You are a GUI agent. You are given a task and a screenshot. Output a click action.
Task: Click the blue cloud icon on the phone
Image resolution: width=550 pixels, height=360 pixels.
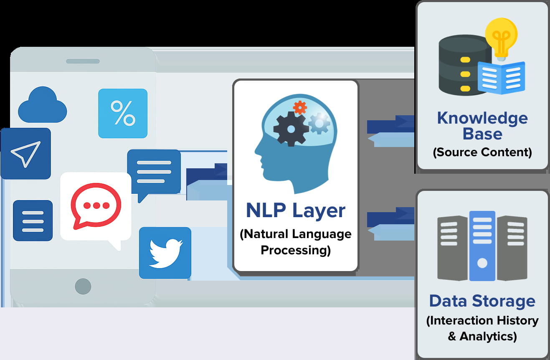click(x=42, y=105)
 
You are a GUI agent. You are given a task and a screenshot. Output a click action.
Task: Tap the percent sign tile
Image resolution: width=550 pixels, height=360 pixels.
click(x=122, y=113)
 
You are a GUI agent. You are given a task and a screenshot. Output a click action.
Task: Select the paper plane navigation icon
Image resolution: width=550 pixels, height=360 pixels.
click(x=25, y=154)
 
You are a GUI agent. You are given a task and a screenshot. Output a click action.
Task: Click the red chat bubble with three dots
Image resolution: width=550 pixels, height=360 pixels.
click(x=96, y=206)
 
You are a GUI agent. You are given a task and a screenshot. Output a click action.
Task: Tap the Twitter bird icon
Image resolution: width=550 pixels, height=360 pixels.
click(x=165, y=253)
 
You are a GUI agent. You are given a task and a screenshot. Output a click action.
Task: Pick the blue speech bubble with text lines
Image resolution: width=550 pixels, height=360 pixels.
click(x=154, y=172)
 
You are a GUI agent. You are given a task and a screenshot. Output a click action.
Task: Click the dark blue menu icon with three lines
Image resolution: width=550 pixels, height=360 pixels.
click(x=33, y=221)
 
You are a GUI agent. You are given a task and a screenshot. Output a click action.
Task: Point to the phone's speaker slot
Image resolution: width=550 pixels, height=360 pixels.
click(x=83, y=61)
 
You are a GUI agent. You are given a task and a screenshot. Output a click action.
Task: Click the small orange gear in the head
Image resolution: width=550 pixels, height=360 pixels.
click(x=300, y=107)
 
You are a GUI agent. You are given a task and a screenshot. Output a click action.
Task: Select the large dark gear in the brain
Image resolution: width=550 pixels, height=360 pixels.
click(x=291, y=129)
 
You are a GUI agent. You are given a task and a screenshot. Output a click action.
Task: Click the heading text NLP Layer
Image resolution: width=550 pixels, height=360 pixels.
click(x=296, y=210)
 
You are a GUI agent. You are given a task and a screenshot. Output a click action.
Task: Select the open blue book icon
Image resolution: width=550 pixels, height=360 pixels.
click(x=501, y=78)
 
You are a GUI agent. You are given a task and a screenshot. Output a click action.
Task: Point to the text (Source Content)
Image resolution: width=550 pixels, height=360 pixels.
click(x=482, y=152)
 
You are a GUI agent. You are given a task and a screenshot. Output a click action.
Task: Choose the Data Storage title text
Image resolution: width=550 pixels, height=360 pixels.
click(x=482, y=301)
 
